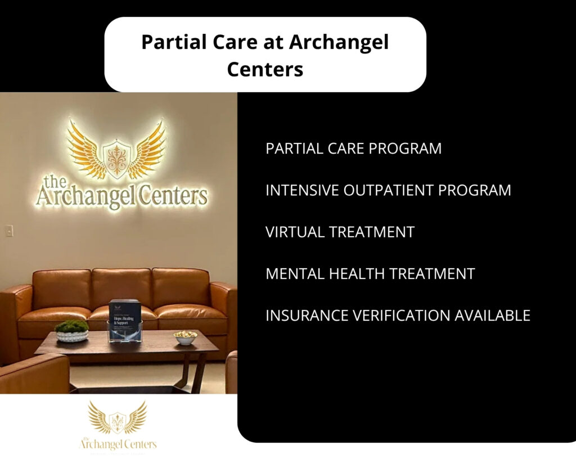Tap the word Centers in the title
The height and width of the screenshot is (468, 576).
click(265, 70)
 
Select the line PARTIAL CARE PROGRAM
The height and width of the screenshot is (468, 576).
click(353, 148)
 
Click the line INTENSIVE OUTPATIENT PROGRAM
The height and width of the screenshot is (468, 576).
click(388, 190)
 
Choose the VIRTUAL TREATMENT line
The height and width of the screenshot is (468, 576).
click(340, 232)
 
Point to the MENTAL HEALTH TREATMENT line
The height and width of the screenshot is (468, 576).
click(370, 274)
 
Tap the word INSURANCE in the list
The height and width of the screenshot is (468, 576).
click(305, 316)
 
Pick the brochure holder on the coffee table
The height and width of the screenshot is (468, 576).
click(124, 321)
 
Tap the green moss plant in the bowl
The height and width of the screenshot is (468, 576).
click(71, 326)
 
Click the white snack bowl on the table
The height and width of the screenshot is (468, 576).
click(186, 337)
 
